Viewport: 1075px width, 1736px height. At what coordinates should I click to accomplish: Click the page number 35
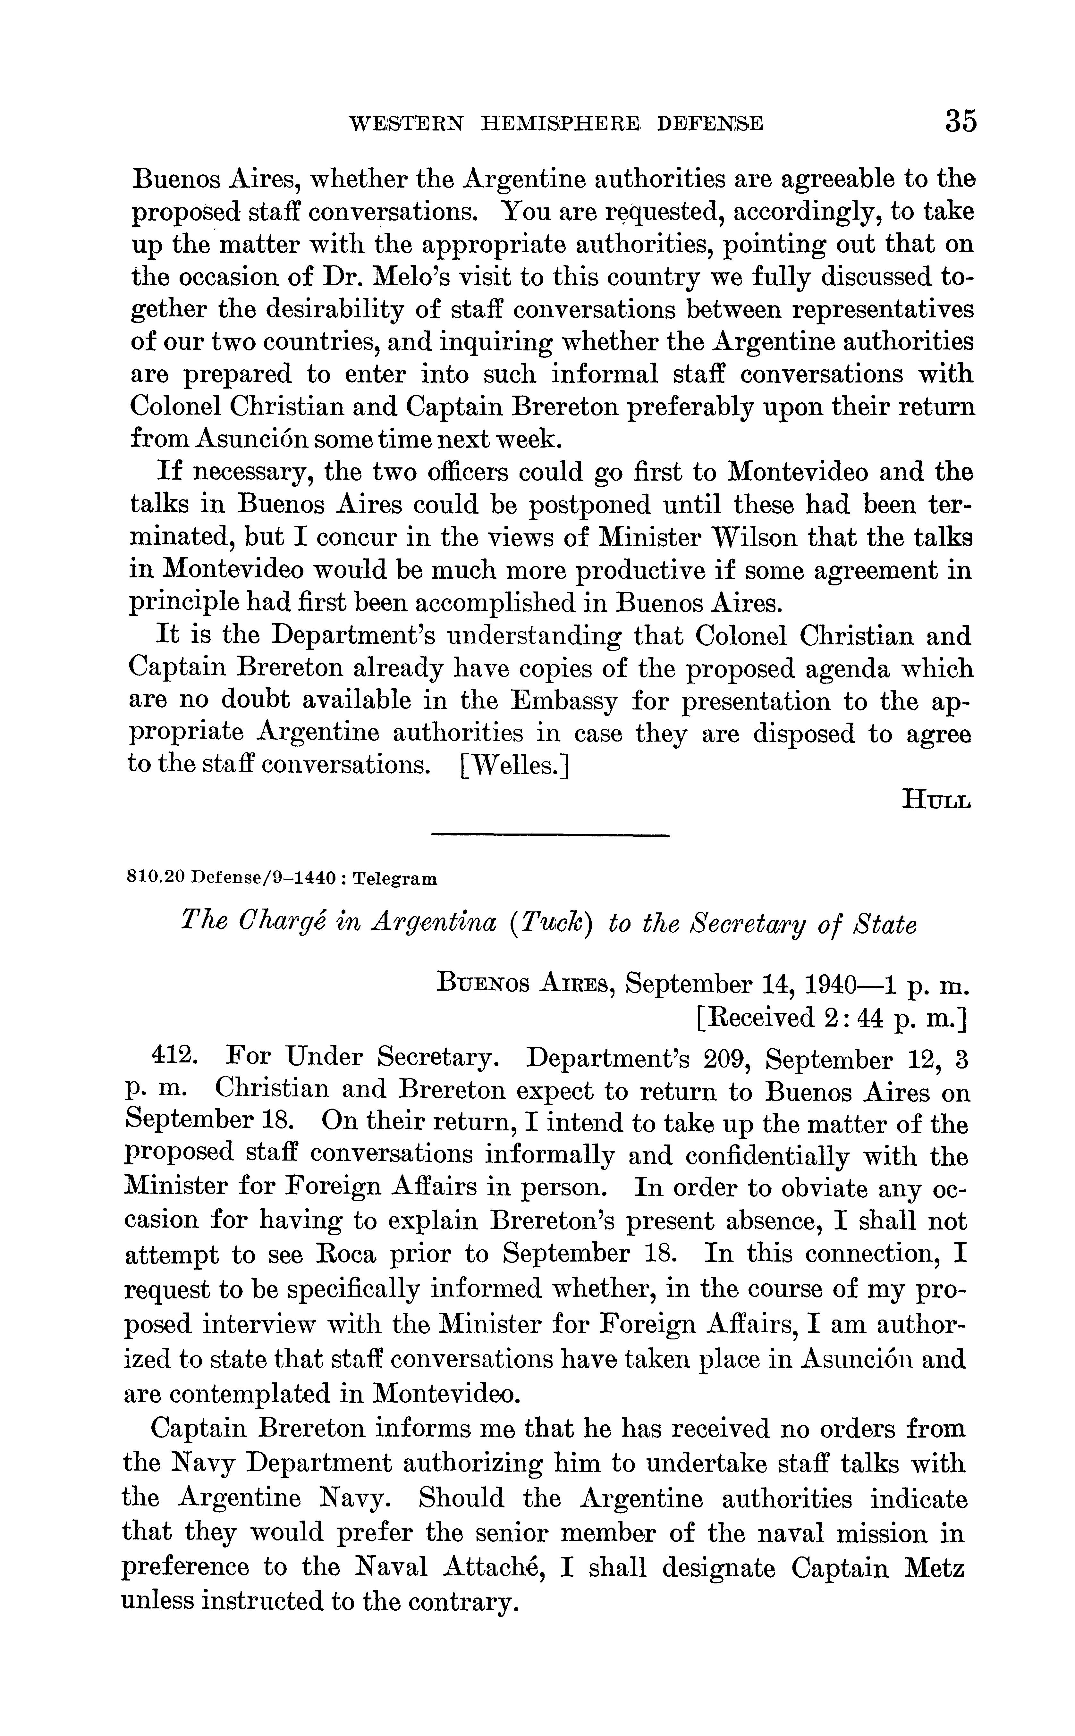tap(961, 121)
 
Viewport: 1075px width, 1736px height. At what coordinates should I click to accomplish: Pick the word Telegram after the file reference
tap(395, 879)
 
